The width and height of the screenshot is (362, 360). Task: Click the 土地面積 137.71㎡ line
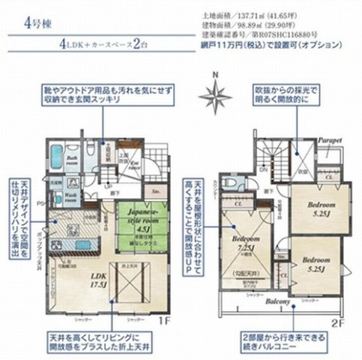256,14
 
